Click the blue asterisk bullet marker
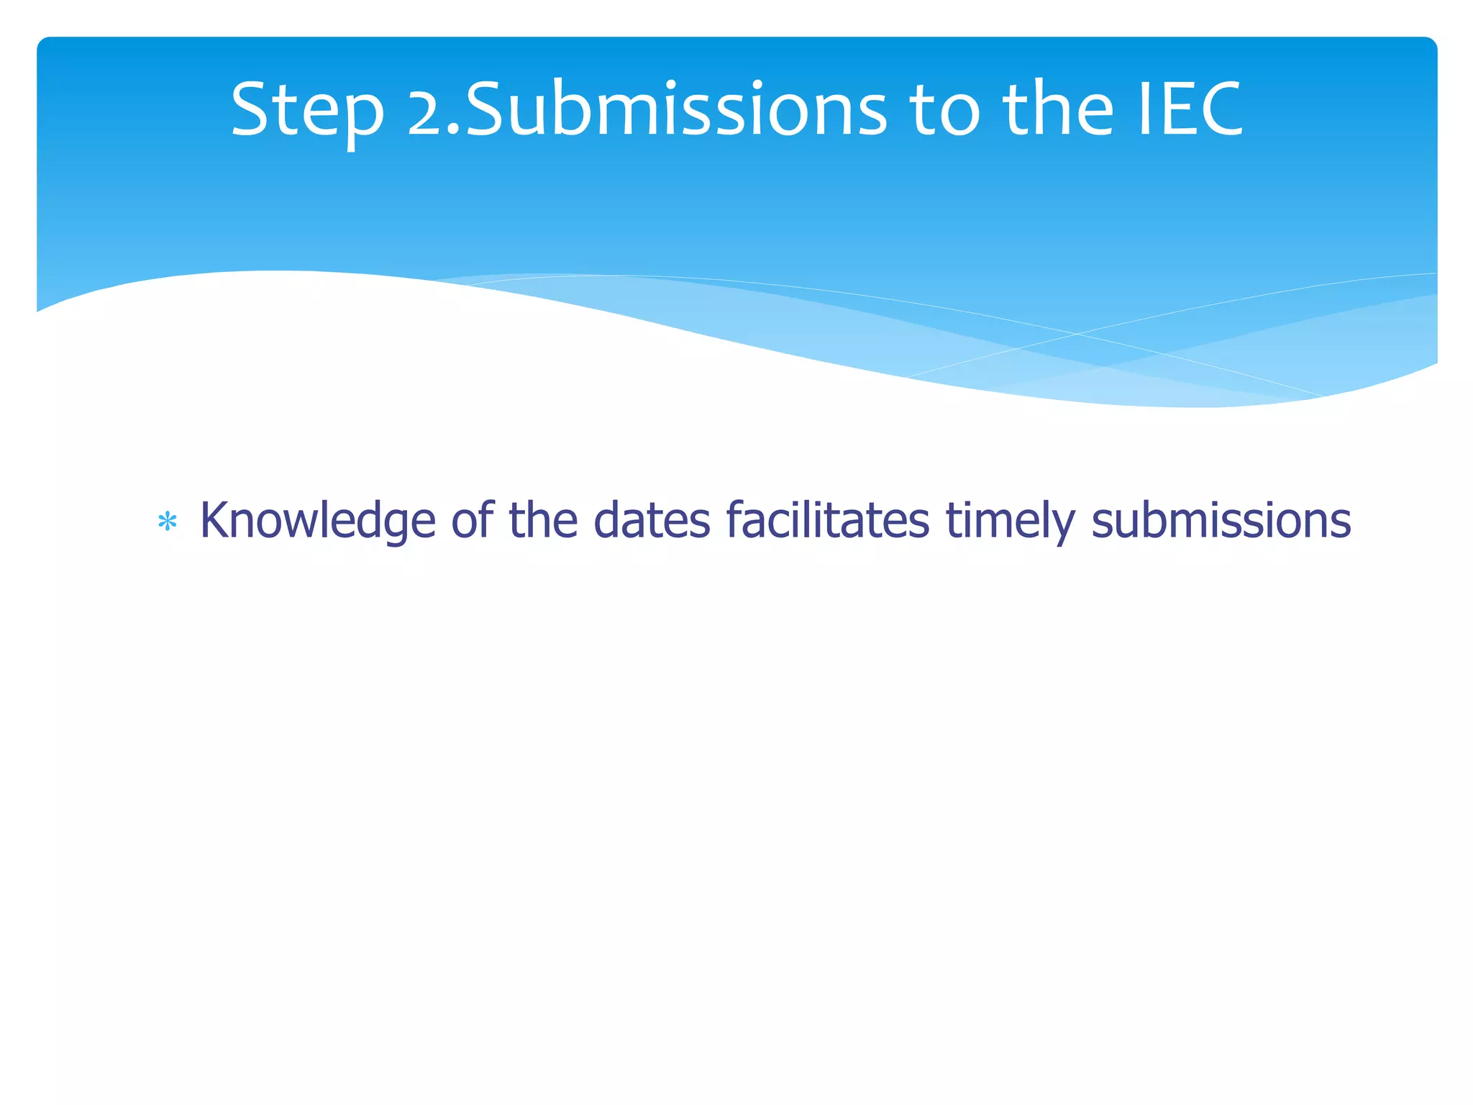pyautogui.click(x=168, y=522)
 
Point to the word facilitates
pyautogui.click(x=827, y=519)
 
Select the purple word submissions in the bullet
pyautogui.click(x=1221, y=519)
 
